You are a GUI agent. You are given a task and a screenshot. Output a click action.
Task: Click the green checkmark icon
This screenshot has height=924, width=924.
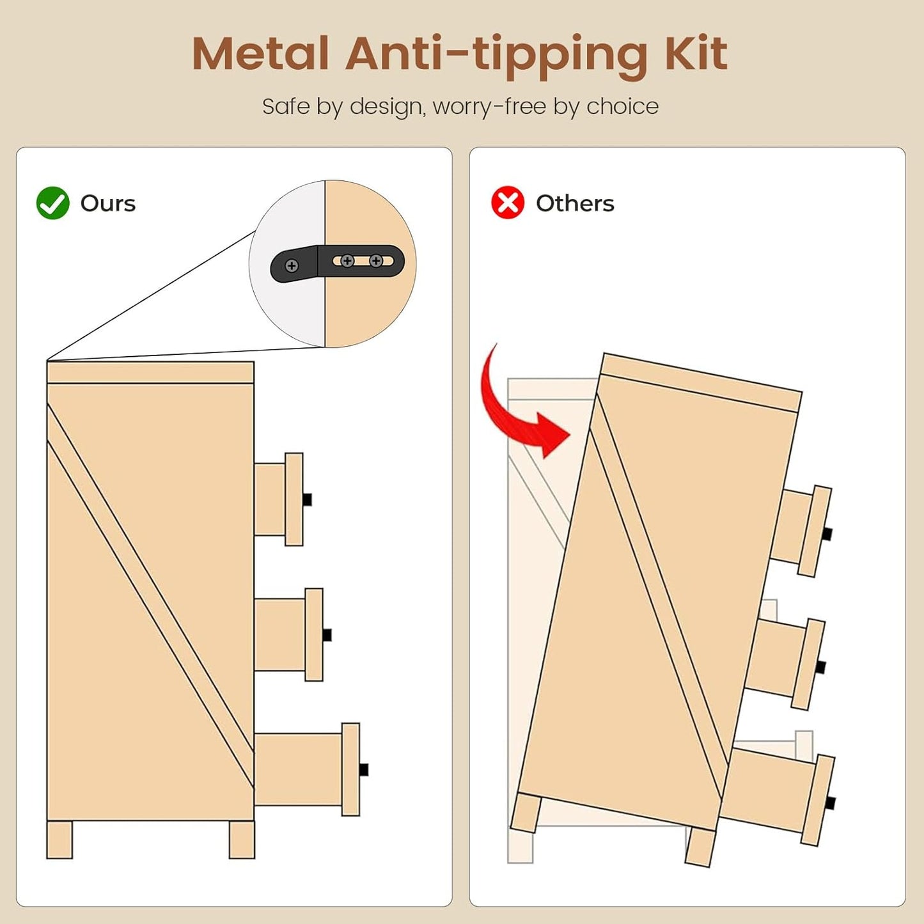pos(52,203)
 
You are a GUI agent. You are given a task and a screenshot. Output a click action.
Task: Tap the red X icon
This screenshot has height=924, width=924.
pos(508,202)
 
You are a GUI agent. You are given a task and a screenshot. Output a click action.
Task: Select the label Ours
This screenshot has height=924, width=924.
pos(108,203)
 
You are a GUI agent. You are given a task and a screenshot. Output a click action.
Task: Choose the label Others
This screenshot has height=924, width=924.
pos(575,203)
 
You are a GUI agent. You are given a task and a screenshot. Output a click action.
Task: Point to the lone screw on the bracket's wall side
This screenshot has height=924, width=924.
pos(292,265)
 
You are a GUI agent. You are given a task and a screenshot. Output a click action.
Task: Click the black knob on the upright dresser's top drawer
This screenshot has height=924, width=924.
pos(308,499)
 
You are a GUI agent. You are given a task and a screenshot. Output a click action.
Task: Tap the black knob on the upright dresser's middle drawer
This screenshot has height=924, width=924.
pos(327,635)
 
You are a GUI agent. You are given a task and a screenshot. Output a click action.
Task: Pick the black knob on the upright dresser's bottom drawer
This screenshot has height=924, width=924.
pos(364,770)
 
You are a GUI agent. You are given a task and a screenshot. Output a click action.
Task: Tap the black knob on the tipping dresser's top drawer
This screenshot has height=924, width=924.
pos(827,534)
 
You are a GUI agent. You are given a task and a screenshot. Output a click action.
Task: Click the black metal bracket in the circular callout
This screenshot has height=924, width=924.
pos(338,263)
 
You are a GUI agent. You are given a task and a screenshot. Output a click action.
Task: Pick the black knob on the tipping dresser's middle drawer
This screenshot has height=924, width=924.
pos(820,667)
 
